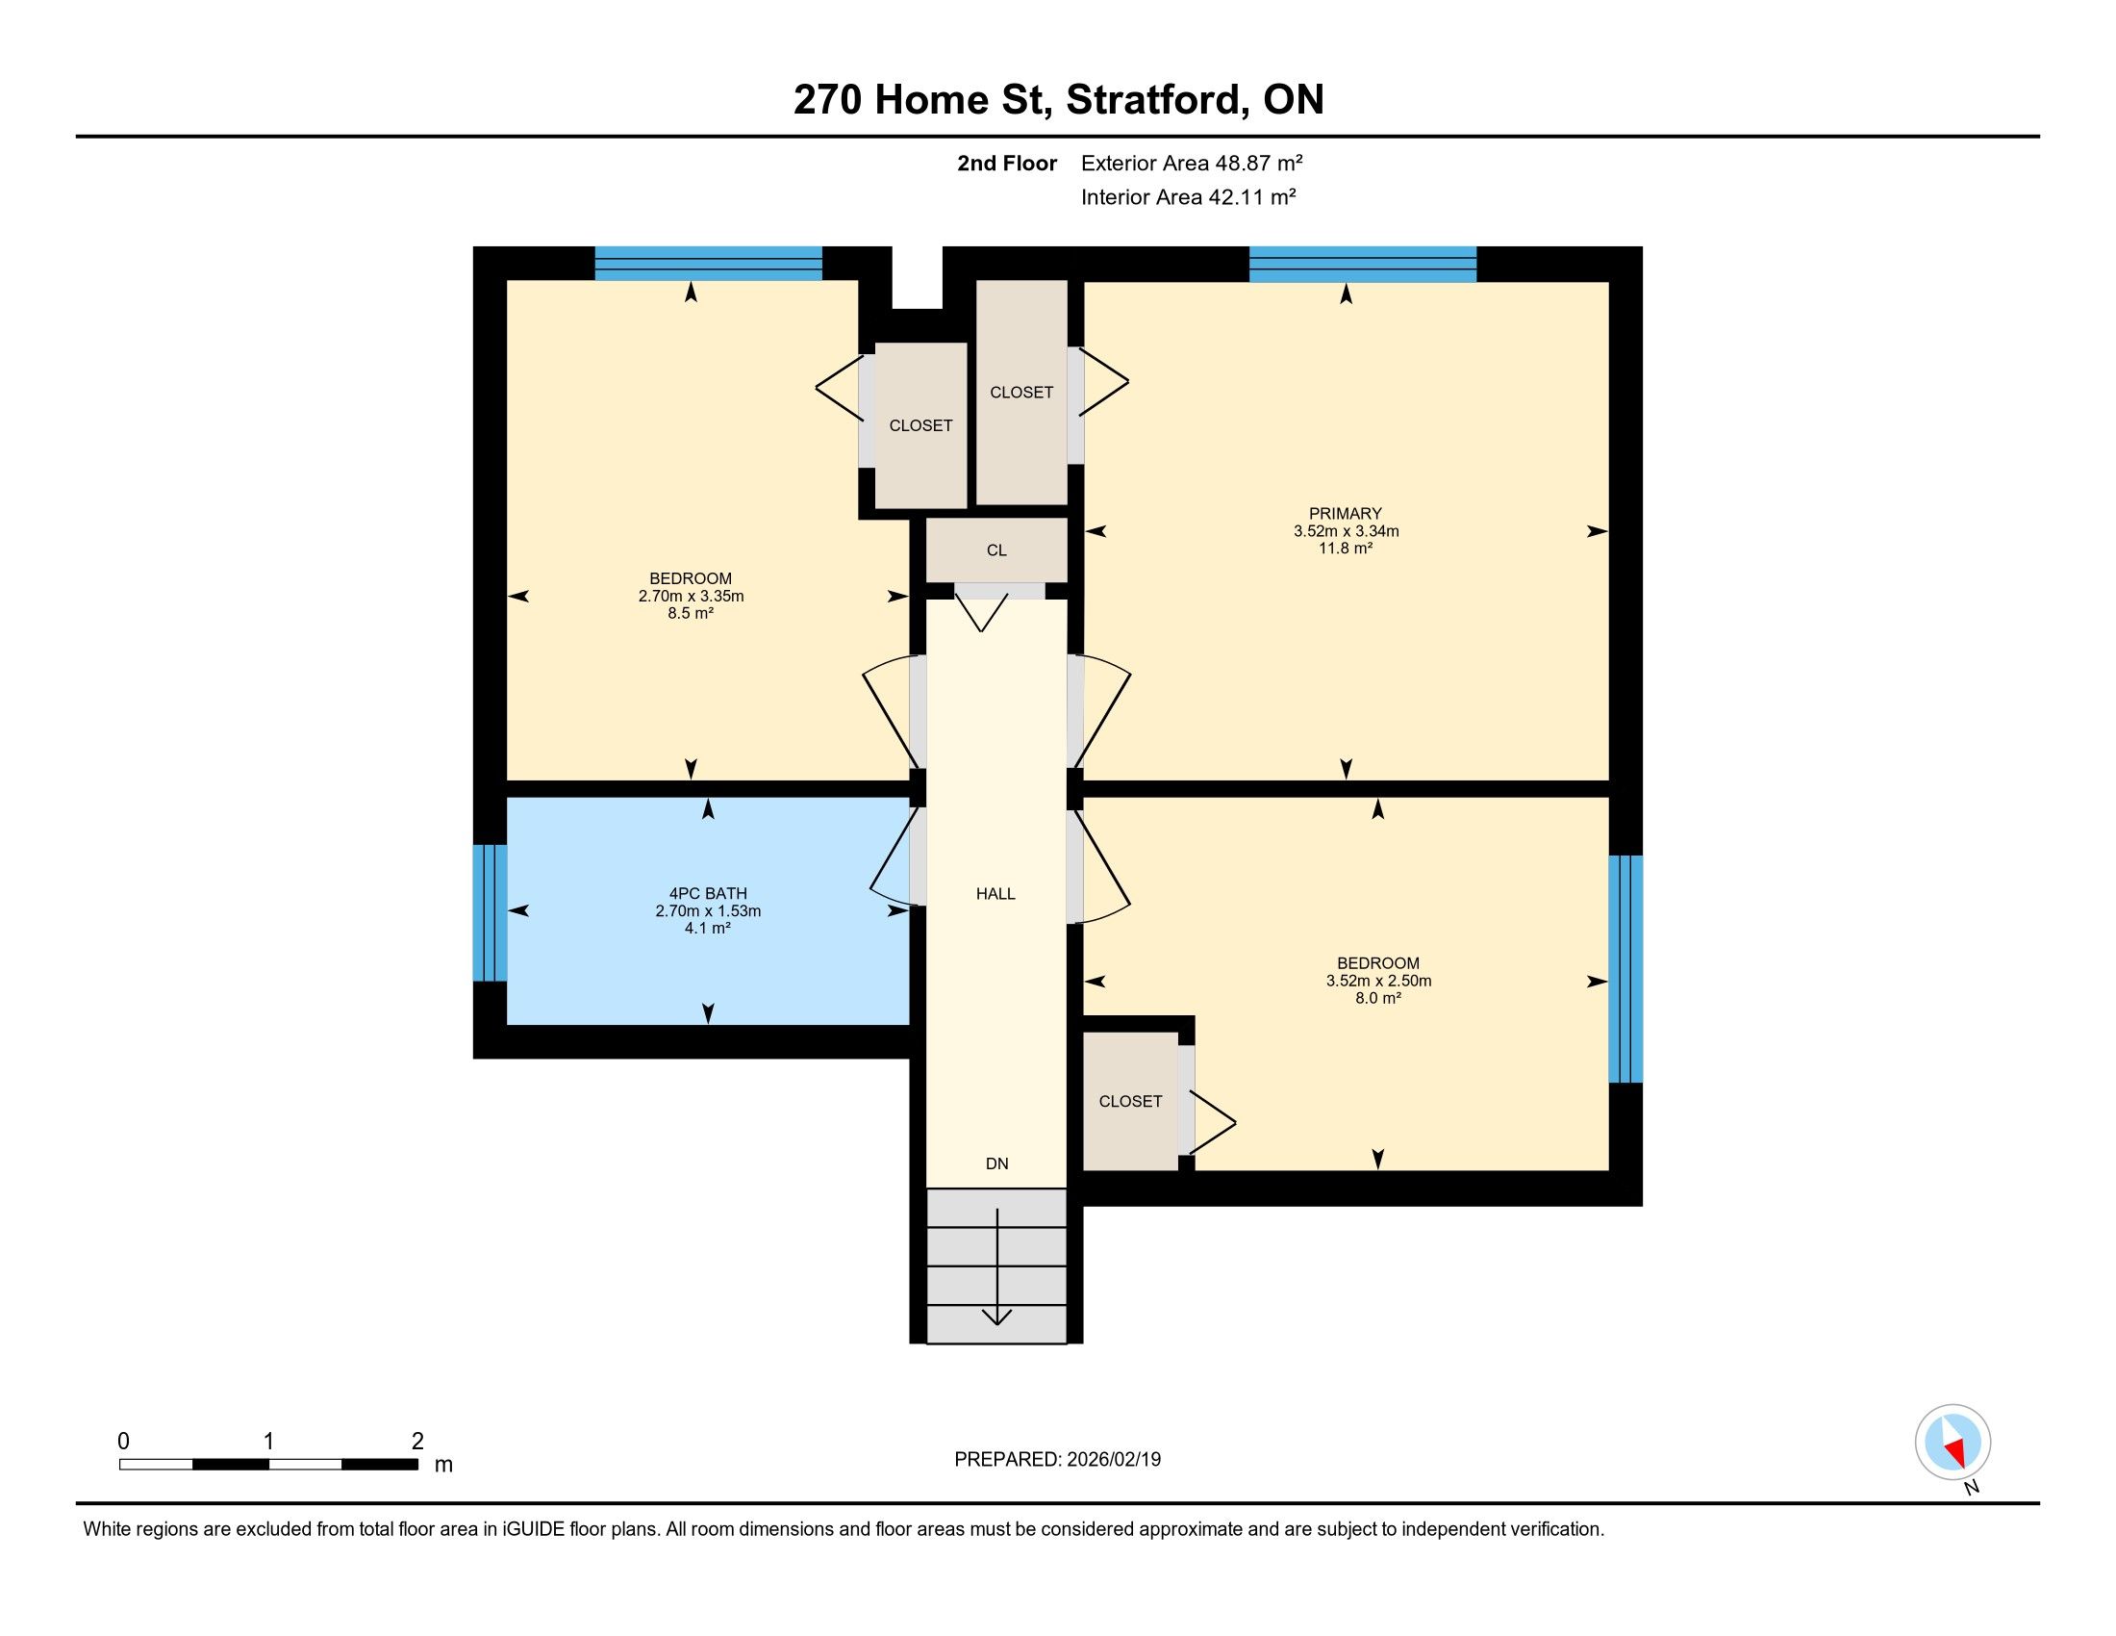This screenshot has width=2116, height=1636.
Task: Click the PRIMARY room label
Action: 1345,514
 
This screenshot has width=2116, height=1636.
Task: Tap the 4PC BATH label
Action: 708,894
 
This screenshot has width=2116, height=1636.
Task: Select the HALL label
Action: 996,894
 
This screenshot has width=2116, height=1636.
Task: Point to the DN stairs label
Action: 997,1163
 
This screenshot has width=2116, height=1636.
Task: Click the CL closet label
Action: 997,550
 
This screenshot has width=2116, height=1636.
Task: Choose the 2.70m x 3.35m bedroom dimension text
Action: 691,596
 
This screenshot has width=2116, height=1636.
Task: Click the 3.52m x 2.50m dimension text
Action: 1378,980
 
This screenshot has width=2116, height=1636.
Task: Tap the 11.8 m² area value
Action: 1346,548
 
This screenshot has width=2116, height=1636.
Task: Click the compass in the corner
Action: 1953,1442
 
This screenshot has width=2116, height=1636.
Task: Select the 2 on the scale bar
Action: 417,1442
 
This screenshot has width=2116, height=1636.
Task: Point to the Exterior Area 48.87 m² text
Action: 1192,163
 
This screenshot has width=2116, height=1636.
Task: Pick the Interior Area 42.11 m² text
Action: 1189,196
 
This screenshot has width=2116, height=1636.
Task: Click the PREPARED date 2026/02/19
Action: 1113,1459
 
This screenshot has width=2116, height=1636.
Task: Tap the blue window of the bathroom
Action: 491,913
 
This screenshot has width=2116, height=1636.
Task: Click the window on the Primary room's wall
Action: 1362,265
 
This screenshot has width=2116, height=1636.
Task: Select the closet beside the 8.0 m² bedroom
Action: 1131,1101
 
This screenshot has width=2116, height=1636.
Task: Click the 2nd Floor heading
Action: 1007,163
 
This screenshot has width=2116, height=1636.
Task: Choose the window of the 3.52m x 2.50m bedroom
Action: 1625,968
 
